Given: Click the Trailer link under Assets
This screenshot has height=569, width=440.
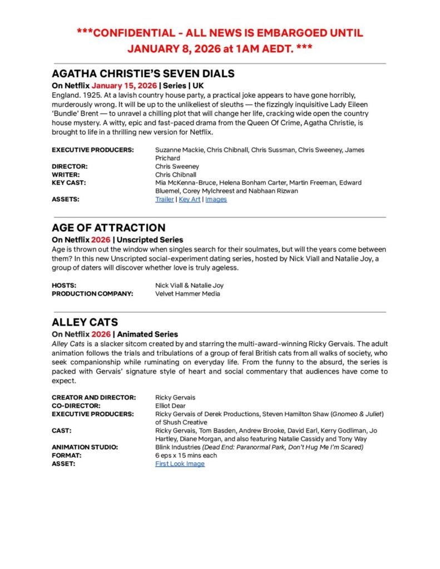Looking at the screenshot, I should coord(164,199).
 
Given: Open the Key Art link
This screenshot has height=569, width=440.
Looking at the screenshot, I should coord(189,199).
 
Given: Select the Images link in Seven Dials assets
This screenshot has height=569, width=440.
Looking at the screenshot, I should coord(216,199).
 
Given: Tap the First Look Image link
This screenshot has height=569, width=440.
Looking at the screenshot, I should coord(180,464).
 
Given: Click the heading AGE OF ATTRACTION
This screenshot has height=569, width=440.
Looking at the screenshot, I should coord(108,228).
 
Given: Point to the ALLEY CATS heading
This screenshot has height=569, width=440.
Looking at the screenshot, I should coord(85,322).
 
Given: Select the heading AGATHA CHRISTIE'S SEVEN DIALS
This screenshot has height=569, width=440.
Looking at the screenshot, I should coord(143,74).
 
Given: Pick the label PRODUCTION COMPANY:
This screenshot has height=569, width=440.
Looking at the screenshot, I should coord(92,294).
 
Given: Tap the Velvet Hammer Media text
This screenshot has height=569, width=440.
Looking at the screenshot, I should coord(187,294).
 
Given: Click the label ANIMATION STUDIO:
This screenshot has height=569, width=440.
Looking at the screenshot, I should coord(85,447).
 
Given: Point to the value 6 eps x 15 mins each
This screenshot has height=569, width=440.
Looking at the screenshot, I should coord(186,456).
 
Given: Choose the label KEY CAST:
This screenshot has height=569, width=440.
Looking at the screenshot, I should coord(69,183).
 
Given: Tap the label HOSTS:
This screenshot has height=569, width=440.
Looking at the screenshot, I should coord(64,286).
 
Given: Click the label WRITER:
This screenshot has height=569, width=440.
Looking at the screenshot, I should coord(66,174).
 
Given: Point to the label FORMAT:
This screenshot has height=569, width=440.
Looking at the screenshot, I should coord(67,456).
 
